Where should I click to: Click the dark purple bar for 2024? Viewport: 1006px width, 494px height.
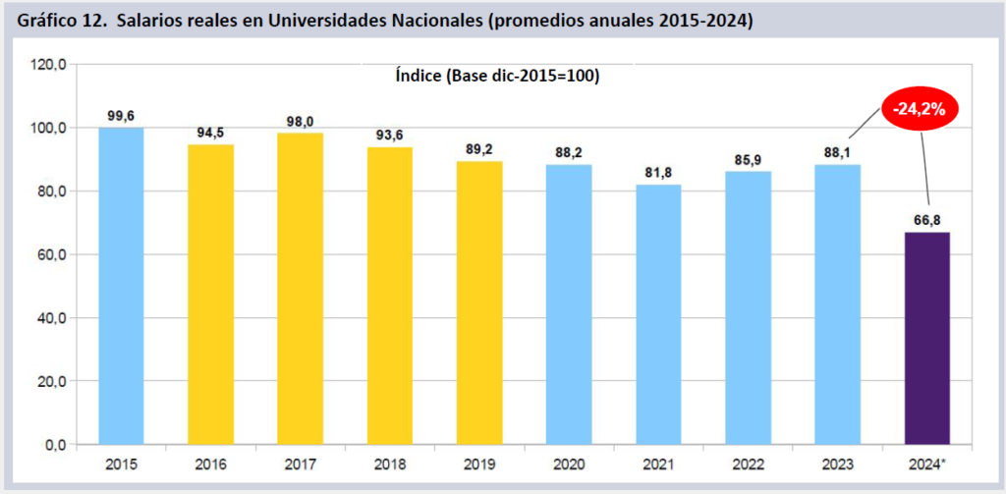(x=926, y=338)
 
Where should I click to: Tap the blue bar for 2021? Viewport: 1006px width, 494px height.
(x=658, y=314)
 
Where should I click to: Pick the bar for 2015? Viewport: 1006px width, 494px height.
(x=121, y=286)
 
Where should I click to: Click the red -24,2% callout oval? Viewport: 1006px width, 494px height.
(x=919, y=109)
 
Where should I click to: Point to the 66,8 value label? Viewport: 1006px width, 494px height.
(x=926, y=220)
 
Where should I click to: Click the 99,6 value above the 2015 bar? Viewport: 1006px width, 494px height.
(x=121, y=116)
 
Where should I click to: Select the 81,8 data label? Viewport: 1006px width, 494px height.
(x=658, y=172)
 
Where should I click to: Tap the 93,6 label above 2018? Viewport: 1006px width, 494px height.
(x=390, y=135)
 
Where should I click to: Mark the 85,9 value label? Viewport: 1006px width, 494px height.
(x=748, y=159)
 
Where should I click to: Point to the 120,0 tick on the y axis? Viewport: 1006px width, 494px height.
(x=48, y=64)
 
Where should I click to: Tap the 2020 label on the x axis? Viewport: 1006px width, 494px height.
(x=569, y=463)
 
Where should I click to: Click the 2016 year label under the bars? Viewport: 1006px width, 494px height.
(x=210, y=463)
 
